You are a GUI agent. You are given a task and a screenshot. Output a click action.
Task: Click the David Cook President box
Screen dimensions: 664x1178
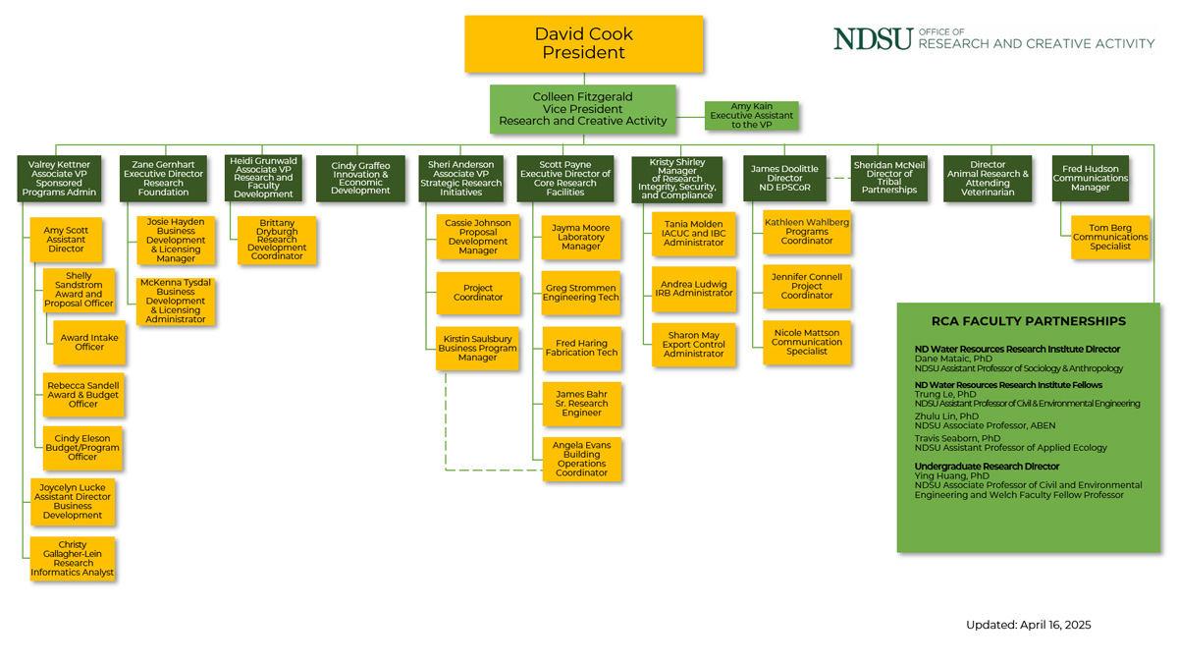[583, 43]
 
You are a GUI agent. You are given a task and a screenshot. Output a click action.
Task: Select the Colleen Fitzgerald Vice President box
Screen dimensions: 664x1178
[583, 109]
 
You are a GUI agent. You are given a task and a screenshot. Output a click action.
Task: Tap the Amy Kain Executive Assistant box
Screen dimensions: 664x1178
[751, 116]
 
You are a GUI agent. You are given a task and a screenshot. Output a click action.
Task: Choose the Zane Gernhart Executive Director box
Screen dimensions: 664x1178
[164, 178]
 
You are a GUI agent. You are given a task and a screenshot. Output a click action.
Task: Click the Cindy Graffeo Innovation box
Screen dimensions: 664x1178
[360, 178]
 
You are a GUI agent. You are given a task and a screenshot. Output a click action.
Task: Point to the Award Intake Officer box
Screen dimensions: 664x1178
[89, 342]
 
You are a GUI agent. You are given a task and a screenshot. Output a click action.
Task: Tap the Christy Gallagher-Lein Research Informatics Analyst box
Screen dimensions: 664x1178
[72, 558]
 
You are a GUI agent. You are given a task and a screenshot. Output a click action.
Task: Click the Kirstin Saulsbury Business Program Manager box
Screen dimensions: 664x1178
[477, 349]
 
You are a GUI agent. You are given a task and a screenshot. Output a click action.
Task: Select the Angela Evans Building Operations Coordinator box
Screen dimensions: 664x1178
[581, 459]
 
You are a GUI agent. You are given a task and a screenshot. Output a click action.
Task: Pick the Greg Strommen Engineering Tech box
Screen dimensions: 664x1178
[581, 293]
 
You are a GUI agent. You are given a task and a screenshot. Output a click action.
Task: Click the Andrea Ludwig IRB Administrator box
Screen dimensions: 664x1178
[696, 289]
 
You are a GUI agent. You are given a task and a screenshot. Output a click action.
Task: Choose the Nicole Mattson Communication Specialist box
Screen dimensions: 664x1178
[806, 343]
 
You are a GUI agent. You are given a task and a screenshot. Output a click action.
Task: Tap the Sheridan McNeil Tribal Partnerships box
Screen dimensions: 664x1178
[888, 178]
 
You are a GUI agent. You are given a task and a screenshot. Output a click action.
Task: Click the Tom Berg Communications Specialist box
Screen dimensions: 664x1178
[1109, 237]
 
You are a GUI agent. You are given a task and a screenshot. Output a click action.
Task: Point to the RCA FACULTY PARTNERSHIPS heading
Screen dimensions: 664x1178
[1028, 321]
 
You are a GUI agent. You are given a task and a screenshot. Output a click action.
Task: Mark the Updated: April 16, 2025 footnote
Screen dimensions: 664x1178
[1028, 625]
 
